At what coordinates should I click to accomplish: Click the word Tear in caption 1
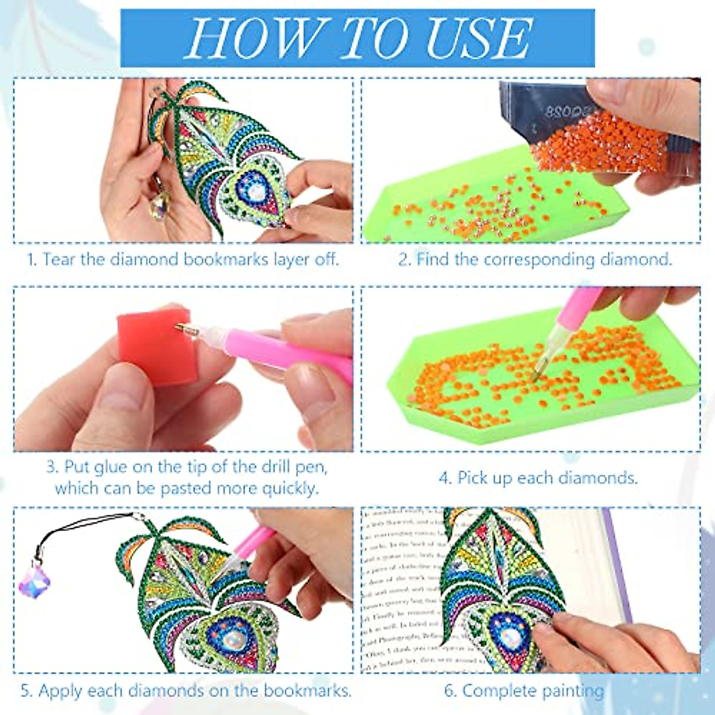pyautogui.click(x=59, y=259)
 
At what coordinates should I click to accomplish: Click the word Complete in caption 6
pyautogui.click(x=495, y=691)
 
